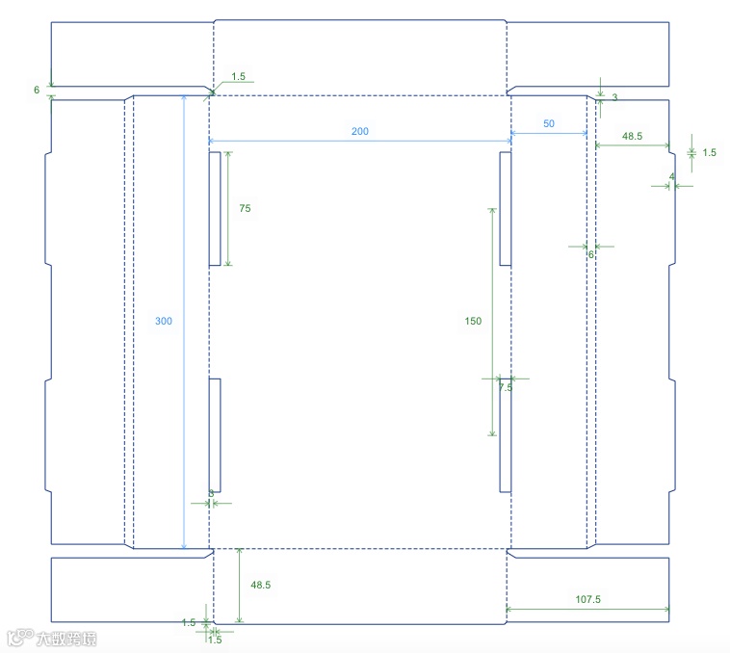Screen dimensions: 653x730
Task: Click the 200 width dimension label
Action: pos(360,131)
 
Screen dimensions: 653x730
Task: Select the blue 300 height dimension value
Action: pos(164,321)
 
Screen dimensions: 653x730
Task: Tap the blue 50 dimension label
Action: pos(549,124)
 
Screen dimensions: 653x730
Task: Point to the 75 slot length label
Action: pos(245,208)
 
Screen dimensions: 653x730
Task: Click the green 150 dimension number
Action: pos(472,321)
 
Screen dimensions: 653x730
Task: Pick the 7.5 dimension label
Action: pos(506,387)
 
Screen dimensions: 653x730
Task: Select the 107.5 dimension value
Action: pos(587,599)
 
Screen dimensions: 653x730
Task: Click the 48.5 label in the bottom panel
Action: pos(260,585)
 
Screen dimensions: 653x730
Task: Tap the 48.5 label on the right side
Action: pos(633,137)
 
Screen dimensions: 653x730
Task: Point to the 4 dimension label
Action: pos(671,176)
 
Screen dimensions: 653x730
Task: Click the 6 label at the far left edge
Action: pos(37,90)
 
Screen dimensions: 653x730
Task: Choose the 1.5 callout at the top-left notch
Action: pos(239,75)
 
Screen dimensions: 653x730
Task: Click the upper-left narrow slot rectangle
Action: pos(214,208)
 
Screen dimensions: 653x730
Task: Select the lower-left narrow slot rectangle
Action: pos(214,435)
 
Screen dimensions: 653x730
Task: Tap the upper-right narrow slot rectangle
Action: pos(505,208)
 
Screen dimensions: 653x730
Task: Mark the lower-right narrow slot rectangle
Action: pos(505,435)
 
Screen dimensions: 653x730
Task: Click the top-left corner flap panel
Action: pos(131,54)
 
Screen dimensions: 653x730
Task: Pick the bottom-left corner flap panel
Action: pos(131,588)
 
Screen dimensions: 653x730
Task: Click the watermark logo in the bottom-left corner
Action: pos(53,637)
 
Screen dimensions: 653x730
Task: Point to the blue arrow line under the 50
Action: pos(549,136)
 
